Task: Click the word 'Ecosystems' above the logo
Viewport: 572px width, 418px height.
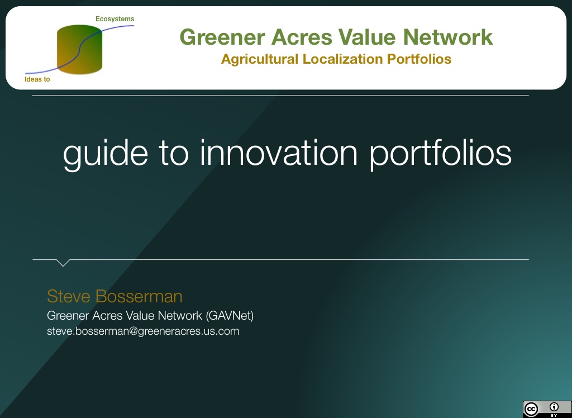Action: coord(115,19)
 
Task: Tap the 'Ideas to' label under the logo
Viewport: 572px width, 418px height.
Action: coord(37,79)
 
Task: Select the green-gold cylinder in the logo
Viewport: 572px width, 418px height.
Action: coord(79,49)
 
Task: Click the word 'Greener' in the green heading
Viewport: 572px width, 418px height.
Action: coord(222,37)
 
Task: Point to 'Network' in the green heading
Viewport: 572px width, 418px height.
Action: coord(448,37)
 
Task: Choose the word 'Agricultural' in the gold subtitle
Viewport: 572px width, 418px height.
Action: coord(260,59)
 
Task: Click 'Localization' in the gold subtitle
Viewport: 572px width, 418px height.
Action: coord(342,59)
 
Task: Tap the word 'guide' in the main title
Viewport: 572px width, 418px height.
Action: coord(106,153)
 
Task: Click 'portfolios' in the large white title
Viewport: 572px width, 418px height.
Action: coord(441,153)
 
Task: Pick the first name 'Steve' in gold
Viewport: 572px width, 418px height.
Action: coord(69,296)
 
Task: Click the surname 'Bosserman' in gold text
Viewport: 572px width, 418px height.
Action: coord(139,296)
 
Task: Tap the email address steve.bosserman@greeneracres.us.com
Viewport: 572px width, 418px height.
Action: coord(143,331)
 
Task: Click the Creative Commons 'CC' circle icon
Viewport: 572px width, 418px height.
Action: coord(531,409)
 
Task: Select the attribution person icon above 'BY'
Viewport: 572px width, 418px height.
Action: coord(554,407)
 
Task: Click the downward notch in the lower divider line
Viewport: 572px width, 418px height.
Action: coord(63,263)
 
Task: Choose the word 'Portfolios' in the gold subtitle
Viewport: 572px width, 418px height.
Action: coord(419,59)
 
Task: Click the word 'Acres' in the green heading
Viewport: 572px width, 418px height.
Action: coord(301,37)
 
